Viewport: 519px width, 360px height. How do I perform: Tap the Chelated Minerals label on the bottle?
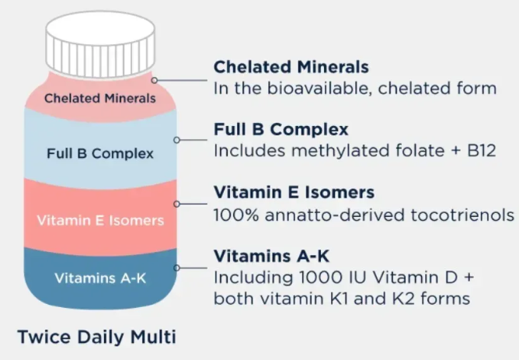99,99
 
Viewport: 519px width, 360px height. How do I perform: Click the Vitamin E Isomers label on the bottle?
100,220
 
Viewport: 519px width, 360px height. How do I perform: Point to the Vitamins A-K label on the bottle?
99,278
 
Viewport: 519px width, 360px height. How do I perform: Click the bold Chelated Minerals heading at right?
291,67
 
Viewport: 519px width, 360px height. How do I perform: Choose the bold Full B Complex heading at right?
281,128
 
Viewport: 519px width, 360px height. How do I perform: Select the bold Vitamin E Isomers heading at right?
294,192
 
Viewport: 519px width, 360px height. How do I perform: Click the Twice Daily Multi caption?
97,337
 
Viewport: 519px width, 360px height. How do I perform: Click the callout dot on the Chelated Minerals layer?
155,79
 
